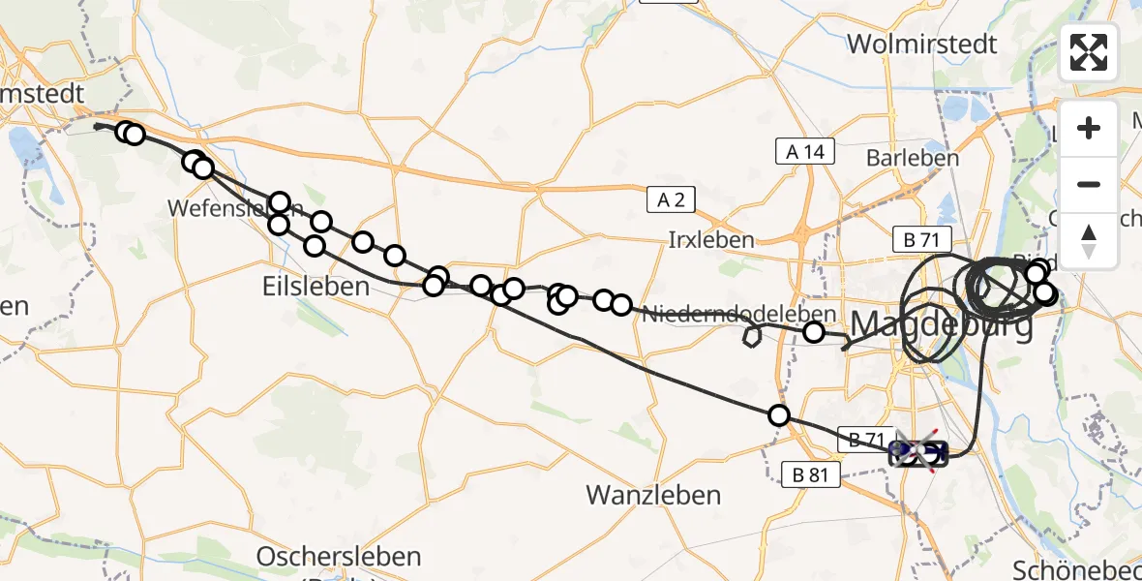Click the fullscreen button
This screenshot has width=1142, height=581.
point(1089,52)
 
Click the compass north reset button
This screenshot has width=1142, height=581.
point(1089,240)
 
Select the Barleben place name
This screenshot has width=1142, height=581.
point(913,158)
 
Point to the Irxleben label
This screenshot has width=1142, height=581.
point(711,239)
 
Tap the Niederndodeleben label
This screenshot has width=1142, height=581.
point(738,314)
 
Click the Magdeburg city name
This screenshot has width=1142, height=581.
point(941,322)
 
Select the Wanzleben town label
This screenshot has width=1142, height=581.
point(653,495)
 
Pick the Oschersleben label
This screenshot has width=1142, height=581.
point(339,557)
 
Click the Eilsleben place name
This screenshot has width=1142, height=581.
point(316,287)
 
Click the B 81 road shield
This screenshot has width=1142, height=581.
point(811,474)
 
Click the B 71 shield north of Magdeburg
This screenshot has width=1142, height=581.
point(922,240)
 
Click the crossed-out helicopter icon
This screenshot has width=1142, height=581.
point(917,450)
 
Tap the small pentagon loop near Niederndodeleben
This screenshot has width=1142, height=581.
point(751,336)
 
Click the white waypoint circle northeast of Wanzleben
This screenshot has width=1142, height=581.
point(779,415)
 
